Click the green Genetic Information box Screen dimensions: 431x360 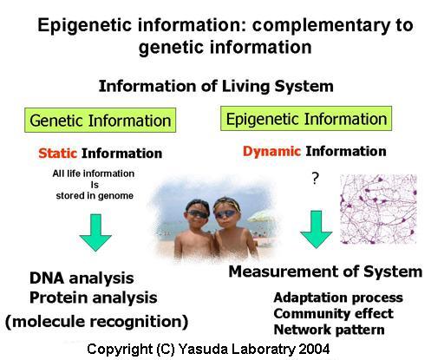[100, 121]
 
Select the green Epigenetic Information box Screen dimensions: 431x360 [306, 119]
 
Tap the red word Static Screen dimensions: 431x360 [57, 154]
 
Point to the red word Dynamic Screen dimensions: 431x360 [271, 151]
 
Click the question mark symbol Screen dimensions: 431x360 [316, 179]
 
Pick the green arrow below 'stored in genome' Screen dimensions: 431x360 [95, 232]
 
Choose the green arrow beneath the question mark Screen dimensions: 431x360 [316, 229]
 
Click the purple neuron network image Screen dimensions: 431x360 [378, 209]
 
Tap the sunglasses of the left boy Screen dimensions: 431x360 [198, 214]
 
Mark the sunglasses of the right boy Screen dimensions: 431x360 [226, 214]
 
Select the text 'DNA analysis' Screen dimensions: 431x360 [82, 278]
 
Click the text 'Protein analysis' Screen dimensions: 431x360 [94, 298]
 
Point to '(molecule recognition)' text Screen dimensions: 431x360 [97, 322]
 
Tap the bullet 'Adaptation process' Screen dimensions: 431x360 [338, 298]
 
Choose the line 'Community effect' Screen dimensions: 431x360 [334, 313]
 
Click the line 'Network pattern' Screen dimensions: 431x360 [329, 330]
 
